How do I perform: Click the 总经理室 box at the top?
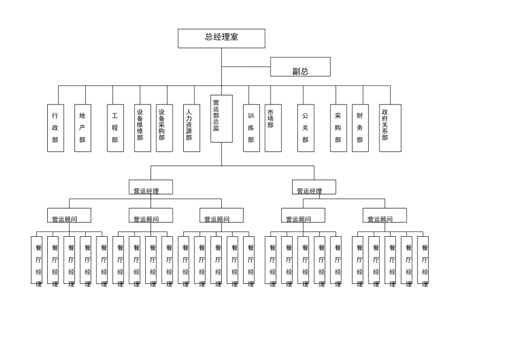click(221, 39)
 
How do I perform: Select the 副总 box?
click(300, 67)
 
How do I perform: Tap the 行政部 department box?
click(56, 128)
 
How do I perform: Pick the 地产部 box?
click(83, 128)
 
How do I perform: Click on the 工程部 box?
click(116, 128)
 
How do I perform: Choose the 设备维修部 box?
click(143, 128)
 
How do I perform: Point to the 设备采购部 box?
click(164, 128)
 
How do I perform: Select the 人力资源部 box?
click(191, 128)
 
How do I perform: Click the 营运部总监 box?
click(221, 118)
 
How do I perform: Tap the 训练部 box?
click(252, 128)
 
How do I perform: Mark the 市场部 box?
click(273, 128)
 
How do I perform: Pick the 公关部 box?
click(306, 128)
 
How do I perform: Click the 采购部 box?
click(339, 128)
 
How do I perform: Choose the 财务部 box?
click(361, 128)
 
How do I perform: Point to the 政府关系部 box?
click(390, 128)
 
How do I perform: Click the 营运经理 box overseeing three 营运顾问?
click(151, 187)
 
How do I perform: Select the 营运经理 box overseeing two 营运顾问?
click(314, 187)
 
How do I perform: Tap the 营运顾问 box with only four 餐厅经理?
click(151, 215)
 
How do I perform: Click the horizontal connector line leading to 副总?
click(246, 67)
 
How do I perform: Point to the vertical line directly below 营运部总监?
click(222, 154)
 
